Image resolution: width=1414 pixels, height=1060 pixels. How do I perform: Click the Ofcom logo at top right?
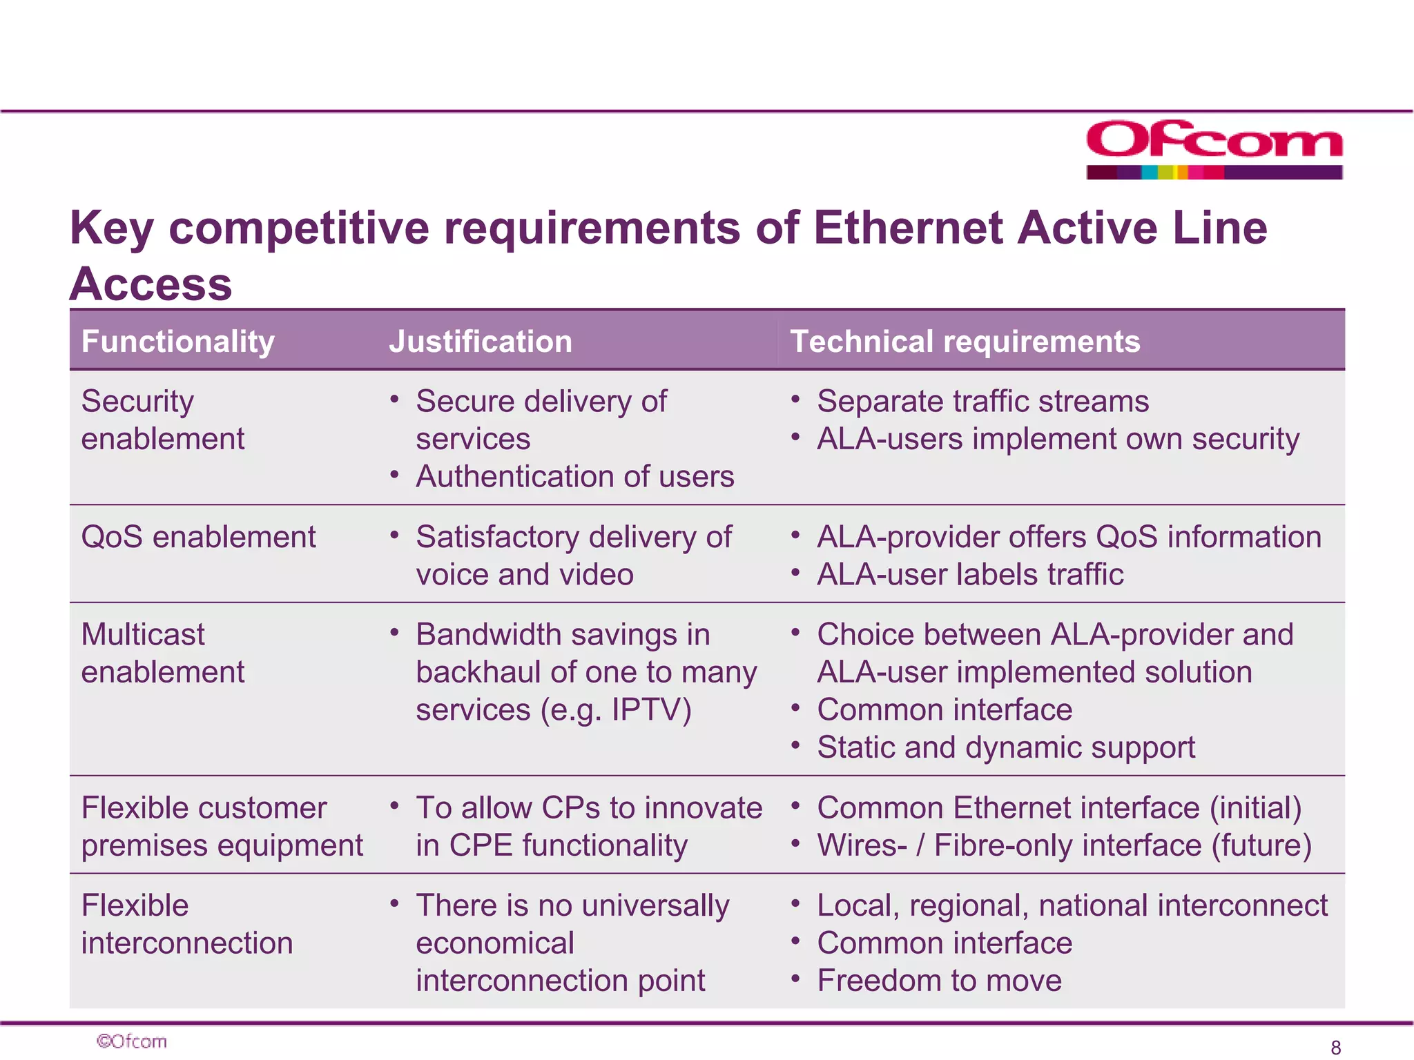[x=1214, y=149]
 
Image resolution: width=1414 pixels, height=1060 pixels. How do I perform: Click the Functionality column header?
[x=178, y=342]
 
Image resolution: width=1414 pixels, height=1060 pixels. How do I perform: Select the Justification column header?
[x=481, y=342]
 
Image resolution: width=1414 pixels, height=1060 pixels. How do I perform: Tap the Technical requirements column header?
[x=965, y=342]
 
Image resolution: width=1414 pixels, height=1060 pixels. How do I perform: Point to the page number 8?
[x=1335, y=1047]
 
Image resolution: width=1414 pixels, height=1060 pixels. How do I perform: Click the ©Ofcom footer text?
[x=132, y=1041]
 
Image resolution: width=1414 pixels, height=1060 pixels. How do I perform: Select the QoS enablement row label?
[x=198, y=537]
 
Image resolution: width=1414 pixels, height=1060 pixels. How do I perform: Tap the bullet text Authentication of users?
[x=574, y=476]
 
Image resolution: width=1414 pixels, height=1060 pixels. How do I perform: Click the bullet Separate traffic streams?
[x=982, y=401]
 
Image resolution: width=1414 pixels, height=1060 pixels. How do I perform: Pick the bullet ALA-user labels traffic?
[x=970, y=574]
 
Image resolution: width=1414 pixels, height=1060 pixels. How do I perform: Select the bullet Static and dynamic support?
[x=1005, y=747]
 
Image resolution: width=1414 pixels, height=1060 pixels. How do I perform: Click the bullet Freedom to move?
[x=939, y=980]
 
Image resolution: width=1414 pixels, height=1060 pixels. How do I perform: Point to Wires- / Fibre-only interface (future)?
[x=1064, y=845]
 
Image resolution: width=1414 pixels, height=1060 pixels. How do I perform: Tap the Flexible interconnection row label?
[x=186, y=924]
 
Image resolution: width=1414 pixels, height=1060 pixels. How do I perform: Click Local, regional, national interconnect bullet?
[x=1072, y=905]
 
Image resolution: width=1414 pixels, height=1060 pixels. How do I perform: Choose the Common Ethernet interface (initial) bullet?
[x=1059, y=807]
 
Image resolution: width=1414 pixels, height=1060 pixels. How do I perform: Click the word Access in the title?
[x=151, y=284]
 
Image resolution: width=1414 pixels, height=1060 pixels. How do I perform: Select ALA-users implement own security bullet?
[x=1058, y=439]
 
